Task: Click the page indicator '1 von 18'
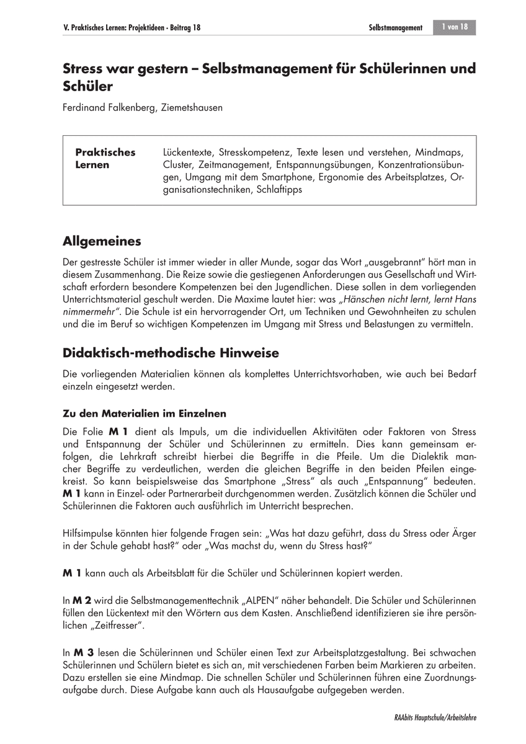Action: pos(455,27)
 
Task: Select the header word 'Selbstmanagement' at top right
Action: pos(395,28)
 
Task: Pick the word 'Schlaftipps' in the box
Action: pos(277,190)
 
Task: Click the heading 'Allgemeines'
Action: pos(102,241)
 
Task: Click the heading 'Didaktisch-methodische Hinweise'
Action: pos(171,353)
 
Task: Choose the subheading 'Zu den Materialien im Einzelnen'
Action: pos(145,413)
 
